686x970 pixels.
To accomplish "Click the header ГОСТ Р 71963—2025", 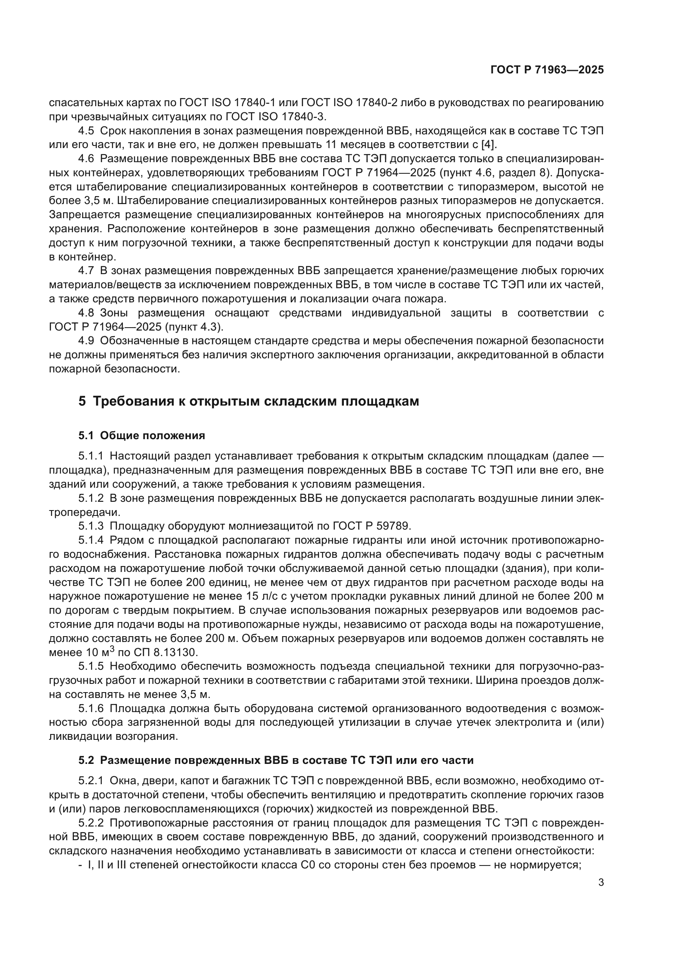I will coord(547,70).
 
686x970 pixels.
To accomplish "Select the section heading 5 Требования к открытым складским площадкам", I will coord(249,401).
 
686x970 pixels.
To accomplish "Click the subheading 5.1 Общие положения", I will coord(141,435).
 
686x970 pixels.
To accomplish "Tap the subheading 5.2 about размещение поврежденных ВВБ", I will coord(276,761).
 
